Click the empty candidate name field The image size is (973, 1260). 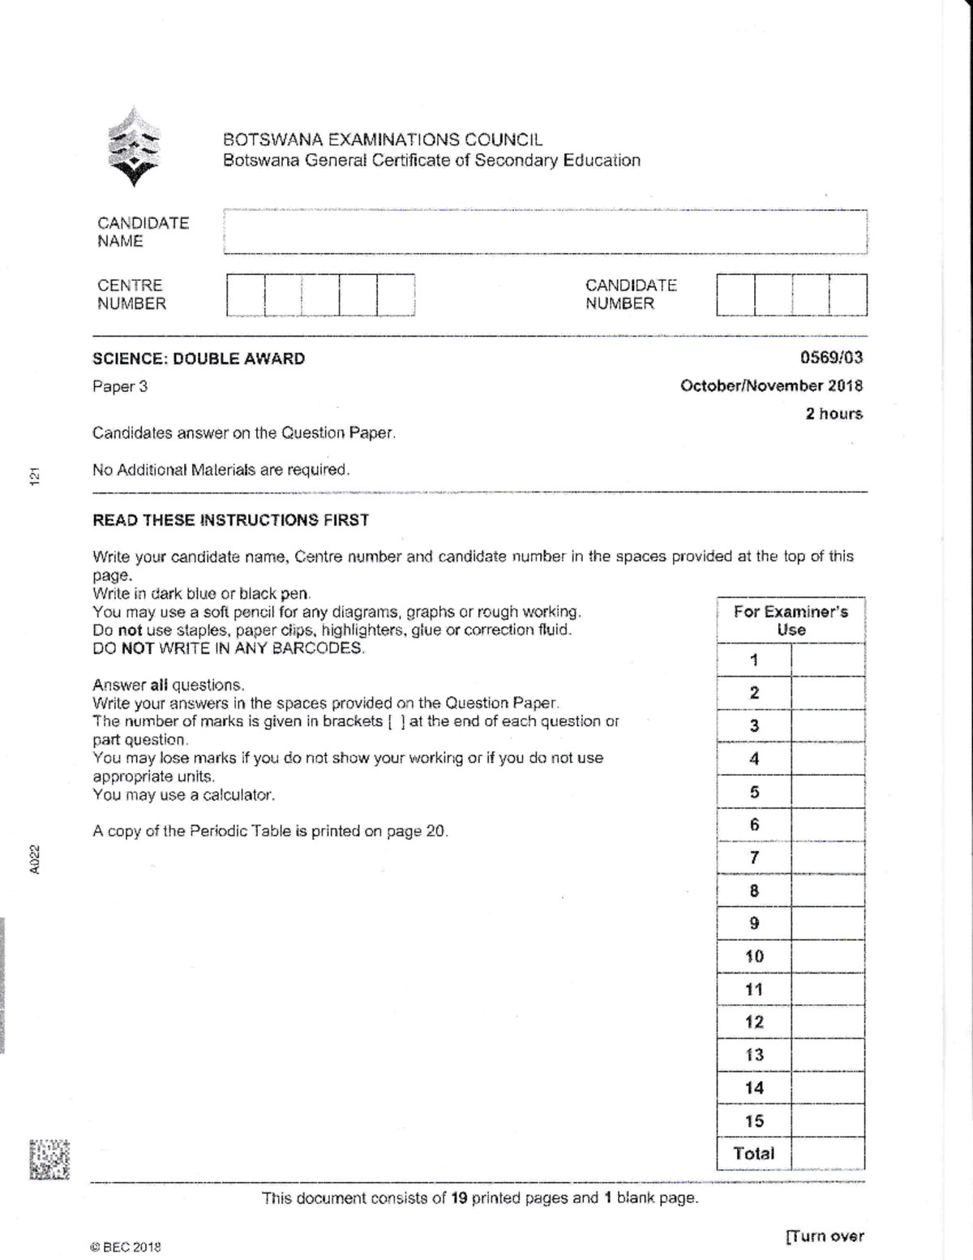[545, 232]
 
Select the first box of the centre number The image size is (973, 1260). [246, 295]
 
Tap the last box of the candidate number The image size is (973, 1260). [848, 295]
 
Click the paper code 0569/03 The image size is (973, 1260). [831, 358]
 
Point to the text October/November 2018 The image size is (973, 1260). [771, 386]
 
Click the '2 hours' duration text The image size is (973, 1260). [834, 414]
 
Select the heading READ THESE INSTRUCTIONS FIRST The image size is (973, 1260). [230, 520]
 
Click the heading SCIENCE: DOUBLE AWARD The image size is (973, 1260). [199, 359]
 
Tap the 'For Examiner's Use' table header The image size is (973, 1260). [791, 621]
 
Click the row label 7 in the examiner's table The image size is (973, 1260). [754, 858]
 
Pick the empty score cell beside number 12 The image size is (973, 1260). [827, 1022]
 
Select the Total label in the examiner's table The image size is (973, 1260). [753, 1153]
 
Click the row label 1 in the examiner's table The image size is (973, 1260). [754, 660]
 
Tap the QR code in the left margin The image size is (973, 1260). [49, 1159]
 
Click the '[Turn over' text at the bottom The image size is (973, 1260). [825, 1236]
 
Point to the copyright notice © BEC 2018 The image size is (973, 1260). [126, 1247]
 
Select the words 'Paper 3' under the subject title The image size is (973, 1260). [120, 386]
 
